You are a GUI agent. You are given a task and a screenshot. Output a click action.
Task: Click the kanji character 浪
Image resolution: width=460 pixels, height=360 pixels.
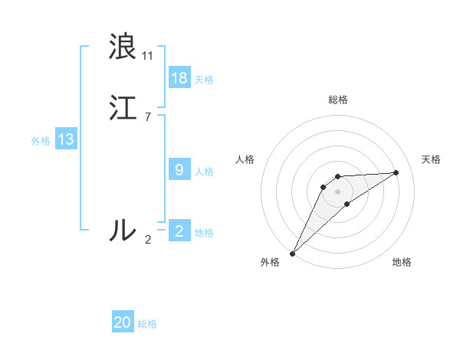point(123,47)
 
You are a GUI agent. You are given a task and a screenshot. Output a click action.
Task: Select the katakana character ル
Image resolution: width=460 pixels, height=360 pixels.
point(123,230)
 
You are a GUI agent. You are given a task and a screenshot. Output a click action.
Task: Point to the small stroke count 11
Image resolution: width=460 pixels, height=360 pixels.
point(147,56)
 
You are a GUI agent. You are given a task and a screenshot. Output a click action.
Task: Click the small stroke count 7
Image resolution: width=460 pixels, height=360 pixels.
point(147,117)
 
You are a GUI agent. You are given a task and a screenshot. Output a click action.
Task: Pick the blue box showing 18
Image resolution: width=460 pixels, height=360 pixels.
point(179,78)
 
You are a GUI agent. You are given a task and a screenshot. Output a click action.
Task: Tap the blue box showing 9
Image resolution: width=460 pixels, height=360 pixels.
point(179,170)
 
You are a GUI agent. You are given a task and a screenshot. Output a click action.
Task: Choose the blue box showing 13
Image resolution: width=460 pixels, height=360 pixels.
point(66,139)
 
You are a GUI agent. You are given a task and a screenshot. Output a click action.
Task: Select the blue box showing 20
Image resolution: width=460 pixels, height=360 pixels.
point(123,322)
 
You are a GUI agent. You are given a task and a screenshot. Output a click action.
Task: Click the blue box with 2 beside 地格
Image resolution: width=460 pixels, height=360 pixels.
point(179,231)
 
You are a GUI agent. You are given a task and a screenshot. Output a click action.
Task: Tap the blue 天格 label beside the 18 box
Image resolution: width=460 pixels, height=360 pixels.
point(204,80)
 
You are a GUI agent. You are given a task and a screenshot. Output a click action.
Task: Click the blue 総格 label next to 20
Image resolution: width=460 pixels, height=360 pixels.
point(147,324)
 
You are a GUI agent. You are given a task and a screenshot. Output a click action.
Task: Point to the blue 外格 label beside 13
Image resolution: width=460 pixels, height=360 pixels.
point(41,141)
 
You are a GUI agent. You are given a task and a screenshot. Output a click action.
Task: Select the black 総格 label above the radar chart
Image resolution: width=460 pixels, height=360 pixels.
point(338,100)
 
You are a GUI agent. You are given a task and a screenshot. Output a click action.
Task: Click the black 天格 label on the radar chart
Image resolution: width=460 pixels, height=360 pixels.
point(432,159)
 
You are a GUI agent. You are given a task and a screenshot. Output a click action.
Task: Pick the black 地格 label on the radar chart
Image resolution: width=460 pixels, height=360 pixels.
point(402,262)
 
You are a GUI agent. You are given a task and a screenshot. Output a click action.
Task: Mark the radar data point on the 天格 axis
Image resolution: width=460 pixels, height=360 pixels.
point(396,172)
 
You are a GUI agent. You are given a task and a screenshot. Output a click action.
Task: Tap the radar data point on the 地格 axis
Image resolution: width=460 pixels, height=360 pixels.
point(347,204)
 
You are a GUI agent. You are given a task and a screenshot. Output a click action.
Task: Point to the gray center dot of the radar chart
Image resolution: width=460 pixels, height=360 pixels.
point(338,191)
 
